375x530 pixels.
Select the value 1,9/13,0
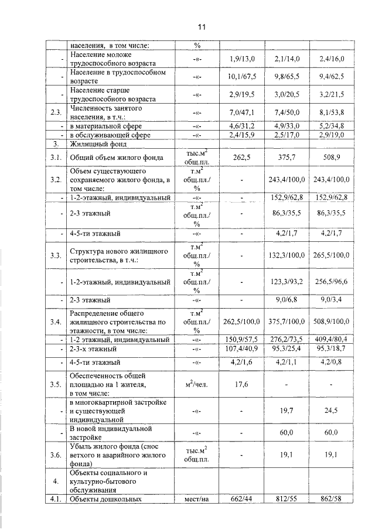242,59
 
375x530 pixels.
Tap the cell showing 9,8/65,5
287,76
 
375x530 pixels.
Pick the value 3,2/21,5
332,94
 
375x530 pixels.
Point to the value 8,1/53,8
332,111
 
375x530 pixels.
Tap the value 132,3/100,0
287,255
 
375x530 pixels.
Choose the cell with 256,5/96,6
332,282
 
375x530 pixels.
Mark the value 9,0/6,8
287,299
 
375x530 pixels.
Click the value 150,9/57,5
242,339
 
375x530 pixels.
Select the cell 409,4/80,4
332,339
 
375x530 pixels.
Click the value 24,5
332,411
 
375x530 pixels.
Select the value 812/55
287,499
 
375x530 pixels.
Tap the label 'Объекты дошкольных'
102,499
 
